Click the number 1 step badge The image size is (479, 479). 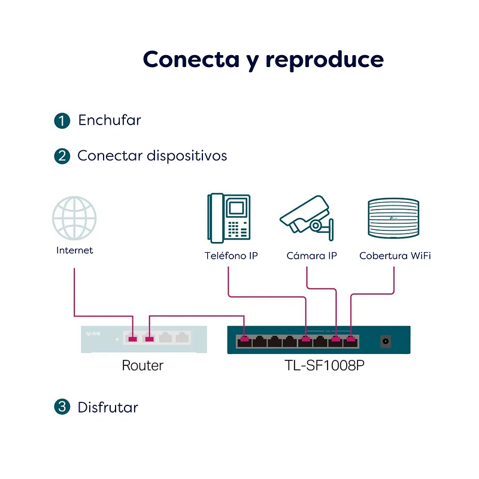tap(62, 121)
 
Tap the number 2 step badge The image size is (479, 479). tap(62, 156)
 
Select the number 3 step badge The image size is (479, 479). tap(62, 407)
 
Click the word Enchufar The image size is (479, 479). tap(110, 120)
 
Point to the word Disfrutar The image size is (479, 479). tap(108, 408)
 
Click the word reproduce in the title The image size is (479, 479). tap(325, 60)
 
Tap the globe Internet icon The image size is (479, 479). tap(74, 218)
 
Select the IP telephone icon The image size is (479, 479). tap(229, 218)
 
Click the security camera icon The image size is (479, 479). tap(307, 218)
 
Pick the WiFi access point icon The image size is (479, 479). tap(393, 218)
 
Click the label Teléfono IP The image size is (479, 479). tap(231, 256)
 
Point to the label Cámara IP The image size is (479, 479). tap(311, 256)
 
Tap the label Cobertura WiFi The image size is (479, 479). tap(395, 256)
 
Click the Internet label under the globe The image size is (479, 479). tap(74, 250)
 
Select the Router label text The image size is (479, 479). tap(143, 365)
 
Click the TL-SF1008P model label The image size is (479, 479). tap(325, 365)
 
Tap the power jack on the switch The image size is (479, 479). tap(386, 341)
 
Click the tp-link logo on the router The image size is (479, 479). tap(93, 334)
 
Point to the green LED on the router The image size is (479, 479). tap(117, 339)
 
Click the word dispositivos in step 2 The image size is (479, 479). tap(187, 156)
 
